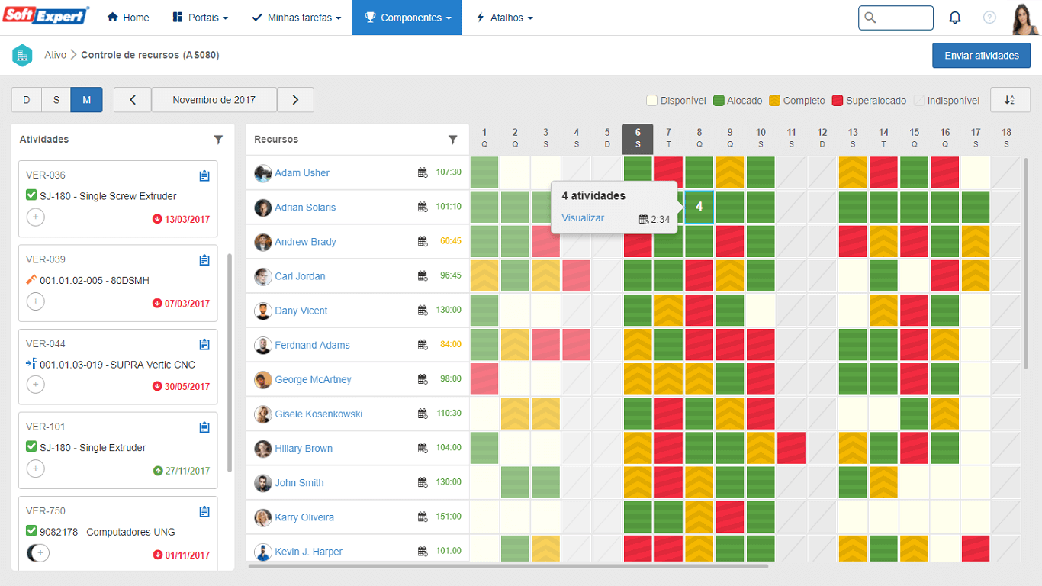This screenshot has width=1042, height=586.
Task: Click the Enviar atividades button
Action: pos(981,56)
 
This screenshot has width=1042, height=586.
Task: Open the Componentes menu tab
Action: pos(407,18)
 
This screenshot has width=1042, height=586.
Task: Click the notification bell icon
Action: pos(954,18)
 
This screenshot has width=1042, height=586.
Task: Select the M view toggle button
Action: pos(87,100)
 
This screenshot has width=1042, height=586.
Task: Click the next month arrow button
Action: pos(295,100)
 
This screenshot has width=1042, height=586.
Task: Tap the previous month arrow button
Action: pos(133,100)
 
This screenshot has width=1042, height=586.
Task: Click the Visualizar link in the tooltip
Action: pos(583,218)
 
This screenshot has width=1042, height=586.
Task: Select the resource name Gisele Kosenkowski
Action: pos(318,414)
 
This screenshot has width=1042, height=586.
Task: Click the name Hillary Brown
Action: pos(304,449)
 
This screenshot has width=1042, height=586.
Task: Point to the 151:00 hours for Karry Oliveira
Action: pos(448,517)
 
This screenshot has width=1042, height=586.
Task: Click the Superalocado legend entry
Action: pos(876,101)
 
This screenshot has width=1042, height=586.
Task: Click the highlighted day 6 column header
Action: pos(638,138)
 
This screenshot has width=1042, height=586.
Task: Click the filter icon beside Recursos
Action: pos(453,140)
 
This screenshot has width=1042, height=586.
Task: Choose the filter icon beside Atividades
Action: pos(219,140)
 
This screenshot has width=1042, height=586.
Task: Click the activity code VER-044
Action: pos(46,343)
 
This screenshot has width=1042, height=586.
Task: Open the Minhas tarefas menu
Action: pos(297,18)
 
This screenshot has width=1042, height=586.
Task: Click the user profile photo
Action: pos(1024,18)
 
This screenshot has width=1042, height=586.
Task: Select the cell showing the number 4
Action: pos(699,207)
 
